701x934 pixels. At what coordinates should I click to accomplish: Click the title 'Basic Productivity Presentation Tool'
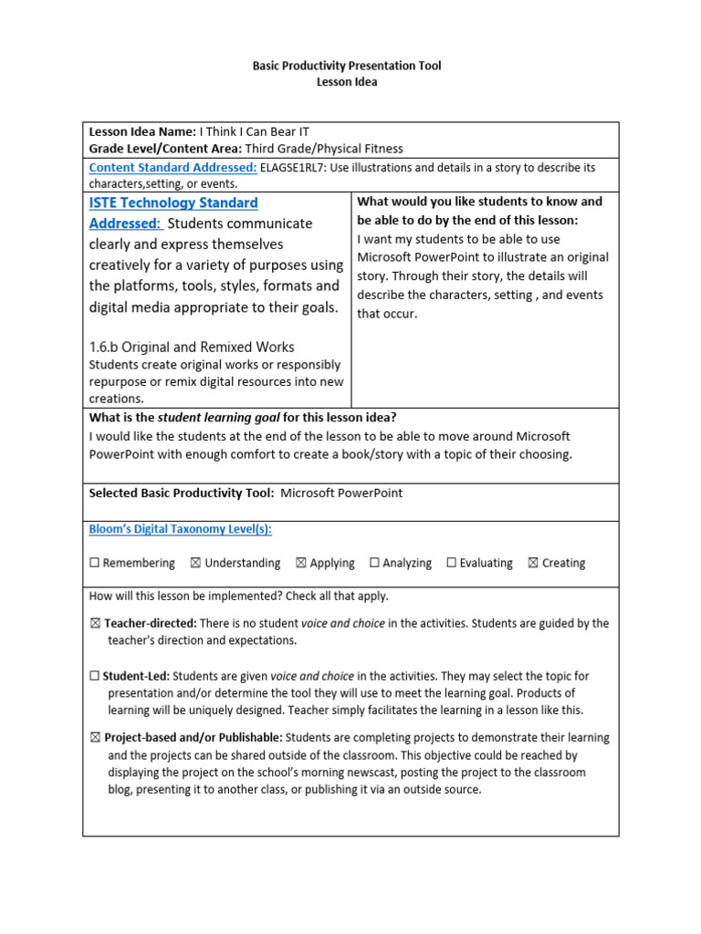coord(346,66)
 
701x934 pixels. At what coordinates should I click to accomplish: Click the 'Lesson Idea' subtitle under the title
coord(346,82)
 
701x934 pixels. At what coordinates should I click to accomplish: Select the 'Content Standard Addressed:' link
coord(173,168)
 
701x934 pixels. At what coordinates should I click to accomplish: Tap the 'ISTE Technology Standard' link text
coord(173,202)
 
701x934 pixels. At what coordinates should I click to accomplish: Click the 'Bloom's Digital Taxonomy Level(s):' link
coord(180,529)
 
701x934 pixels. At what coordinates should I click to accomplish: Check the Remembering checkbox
coord(94,564)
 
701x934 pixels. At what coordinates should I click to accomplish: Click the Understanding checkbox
coord(195,564)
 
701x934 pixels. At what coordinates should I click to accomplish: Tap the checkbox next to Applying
coord(301,564)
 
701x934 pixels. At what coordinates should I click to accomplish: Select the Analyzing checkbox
coord(374,564)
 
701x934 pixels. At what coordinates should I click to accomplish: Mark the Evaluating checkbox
coord(451,564)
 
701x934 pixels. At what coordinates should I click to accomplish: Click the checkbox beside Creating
coord(533,564)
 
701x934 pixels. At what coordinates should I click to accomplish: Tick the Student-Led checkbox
coord(95,677)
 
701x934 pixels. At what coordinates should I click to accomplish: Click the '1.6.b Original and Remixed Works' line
coord(192,347)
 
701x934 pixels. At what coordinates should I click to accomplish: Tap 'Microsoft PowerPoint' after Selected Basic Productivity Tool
coord(341,493)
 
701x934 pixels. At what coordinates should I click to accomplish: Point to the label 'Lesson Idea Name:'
coord(142,132)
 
